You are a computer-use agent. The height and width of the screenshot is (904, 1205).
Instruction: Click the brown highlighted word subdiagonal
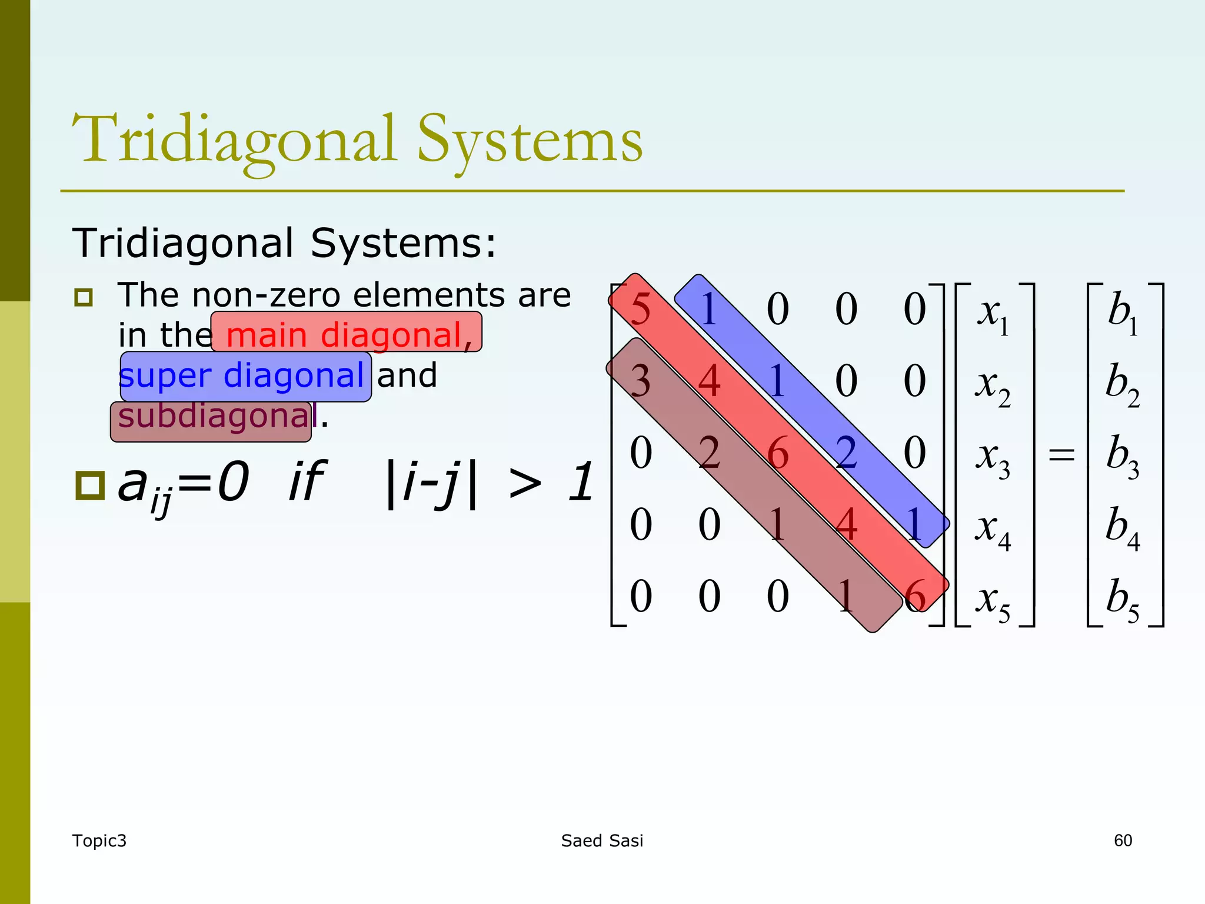click(x=212, y=417)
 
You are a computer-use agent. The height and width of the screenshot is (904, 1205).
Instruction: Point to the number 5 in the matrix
click(x=640, y=309)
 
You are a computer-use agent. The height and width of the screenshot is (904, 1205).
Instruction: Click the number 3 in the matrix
click(x=640, y=381)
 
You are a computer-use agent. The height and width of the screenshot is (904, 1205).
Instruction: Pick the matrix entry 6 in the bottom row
click(x=914, y=596)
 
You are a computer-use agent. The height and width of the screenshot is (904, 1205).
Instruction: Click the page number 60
click(x=1123, y=840)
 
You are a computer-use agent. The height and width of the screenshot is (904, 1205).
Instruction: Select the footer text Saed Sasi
click(x=602, y=840)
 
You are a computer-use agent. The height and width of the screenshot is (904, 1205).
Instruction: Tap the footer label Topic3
click(x=99, y=840)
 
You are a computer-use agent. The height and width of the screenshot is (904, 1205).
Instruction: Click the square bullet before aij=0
click(x=89, y=486)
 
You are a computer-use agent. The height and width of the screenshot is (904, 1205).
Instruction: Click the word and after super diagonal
click(x=407, y=376)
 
